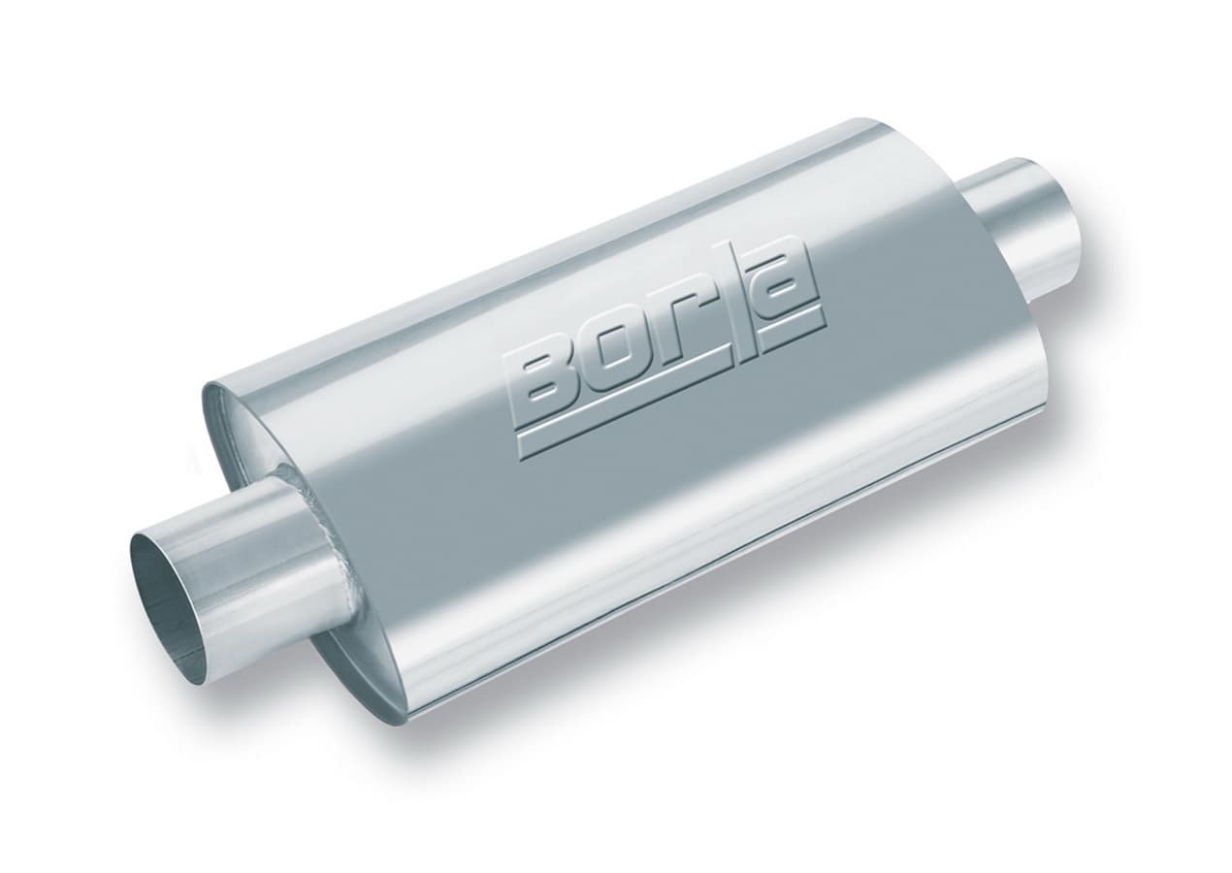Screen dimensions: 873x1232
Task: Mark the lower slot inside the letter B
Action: point(549,394)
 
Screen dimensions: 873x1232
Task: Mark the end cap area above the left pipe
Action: point(243,427)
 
